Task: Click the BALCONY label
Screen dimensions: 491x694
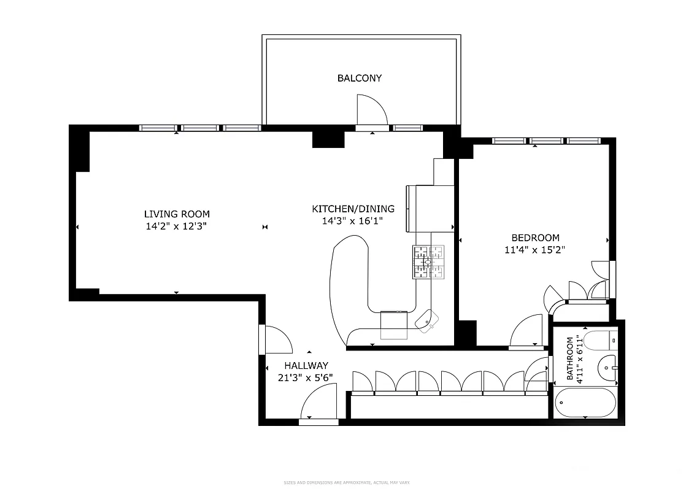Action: (359, 78)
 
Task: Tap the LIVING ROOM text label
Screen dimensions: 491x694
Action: (177, 214)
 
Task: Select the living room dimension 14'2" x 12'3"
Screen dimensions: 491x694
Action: (177, 226)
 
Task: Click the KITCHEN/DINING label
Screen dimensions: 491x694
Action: (353, 209)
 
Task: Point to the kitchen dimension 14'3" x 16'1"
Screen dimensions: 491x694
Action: (353, 221)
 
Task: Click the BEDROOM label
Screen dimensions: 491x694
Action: (536, 238)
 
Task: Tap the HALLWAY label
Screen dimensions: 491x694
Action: (306, 365)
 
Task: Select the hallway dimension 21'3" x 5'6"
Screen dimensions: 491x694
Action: (306, 377)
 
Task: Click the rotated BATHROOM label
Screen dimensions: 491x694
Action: (570, 359)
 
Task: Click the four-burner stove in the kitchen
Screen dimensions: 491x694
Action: (428, 261)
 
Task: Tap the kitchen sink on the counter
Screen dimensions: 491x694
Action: (426, 320)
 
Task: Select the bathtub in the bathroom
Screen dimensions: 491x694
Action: (585, 403)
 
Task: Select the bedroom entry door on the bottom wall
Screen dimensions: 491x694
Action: (526, 332)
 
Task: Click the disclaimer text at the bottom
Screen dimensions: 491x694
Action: (347, 482)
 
